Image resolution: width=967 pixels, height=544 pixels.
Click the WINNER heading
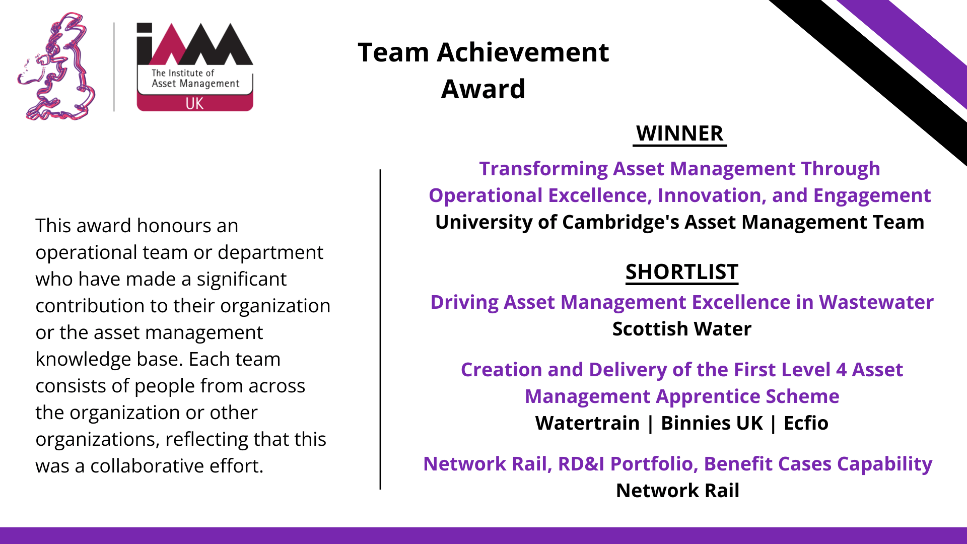(x=679, y=133)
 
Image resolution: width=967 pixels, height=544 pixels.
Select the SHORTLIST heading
(x=682, y=272)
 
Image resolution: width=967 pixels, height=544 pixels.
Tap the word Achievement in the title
(x=523, y=52)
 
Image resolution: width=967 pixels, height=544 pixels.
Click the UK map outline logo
(x=56, y=67)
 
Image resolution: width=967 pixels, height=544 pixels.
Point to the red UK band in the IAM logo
(x=195, y=103)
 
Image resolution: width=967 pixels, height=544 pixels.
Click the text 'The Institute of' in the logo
(x=183, y=73)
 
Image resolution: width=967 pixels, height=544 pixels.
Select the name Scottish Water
(x=682, y=329)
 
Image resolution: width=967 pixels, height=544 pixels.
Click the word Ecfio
(x=806, y=423)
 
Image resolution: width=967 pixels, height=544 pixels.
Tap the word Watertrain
(x=587, y=423)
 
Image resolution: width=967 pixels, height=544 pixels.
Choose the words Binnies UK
(x=712, y=423)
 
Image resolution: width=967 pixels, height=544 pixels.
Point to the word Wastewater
(x=876, y=302)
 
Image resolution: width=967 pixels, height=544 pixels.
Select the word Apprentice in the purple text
(x=708, y=397)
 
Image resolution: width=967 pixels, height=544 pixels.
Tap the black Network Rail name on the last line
(x=678, y=491)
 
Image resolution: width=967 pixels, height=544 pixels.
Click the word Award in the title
(x=483, y=89)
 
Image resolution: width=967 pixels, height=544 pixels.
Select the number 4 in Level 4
(x=841, y=370)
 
